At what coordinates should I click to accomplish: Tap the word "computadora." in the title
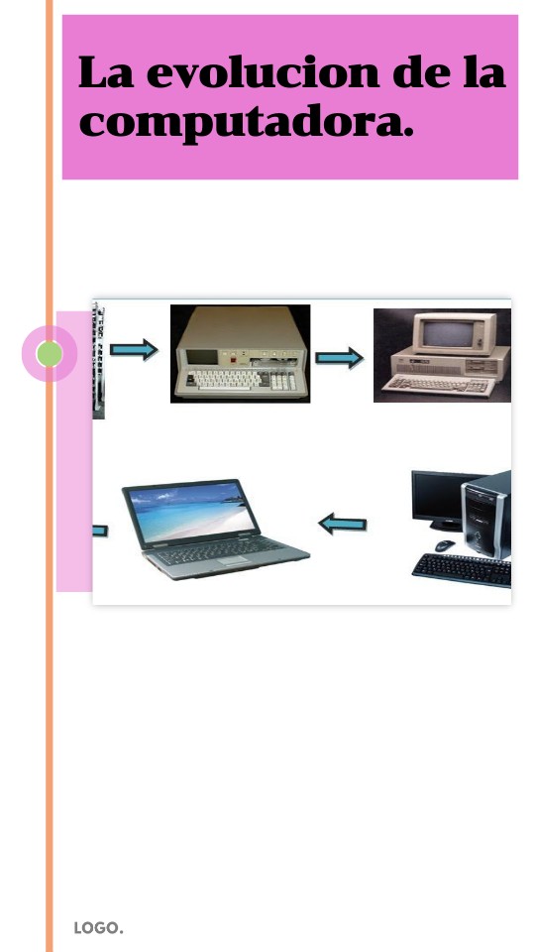247,124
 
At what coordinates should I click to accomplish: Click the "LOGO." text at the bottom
98,928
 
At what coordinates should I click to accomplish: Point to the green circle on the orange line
50,354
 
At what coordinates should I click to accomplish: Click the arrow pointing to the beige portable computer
134,350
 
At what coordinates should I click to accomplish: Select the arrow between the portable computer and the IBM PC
339,358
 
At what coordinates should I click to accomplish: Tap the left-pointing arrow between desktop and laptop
343,524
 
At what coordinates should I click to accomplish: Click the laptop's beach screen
191,513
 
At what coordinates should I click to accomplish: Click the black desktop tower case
486,515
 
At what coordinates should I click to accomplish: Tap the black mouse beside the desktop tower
445,545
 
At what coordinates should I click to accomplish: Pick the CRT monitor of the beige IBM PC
455,333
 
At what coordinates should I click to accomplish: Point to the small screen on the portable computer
201,357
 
